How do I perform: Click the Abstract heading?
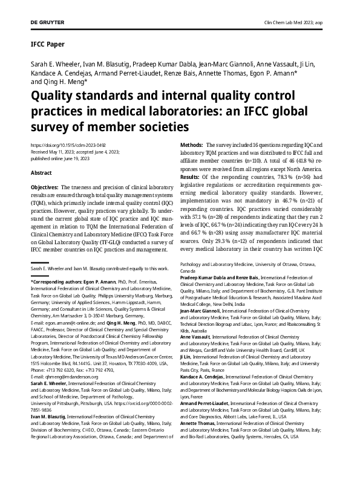[x=41, y=172]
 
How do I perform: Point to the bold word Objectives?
[x=44, y=188]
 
